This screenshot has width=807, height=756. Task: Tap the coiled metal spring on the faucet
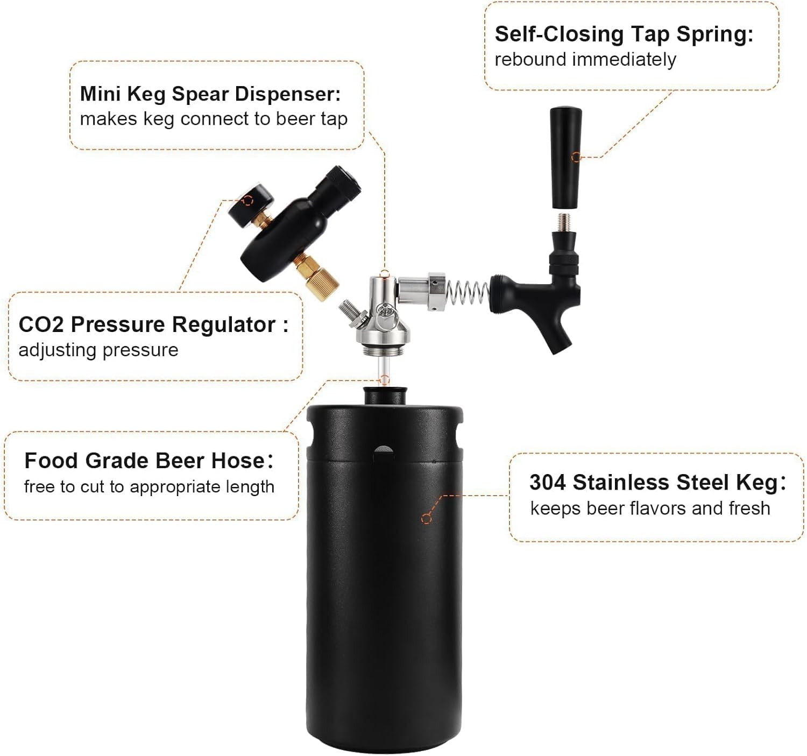(467, 295)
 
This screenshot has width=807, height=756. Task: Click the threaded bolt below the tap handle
(564, 222)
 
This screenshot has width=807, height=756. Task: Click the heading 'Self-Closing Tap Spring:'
(624, 34)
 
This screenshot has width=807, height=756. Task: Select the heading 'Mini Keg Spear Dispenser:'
(210, 94)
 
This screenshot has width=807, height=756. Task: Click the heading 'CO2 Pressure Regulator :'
(153, 324)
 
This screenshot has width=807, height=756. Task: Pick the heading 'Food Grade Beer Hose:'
(148, 461)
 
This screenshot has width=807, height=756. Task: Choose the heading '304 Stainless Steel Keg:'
(657, 482)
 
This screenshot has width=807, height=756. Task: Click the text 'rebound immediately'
(585, 59)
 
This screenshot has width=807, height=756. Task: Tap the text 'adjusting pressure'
(98, 350)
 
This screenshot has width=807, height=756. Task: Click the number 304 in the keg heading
(547, 482)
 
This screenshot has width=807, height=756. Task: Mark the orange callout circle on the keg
(427, 519)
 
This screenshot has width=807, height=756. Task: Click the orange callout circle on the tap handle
(576, 157)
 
